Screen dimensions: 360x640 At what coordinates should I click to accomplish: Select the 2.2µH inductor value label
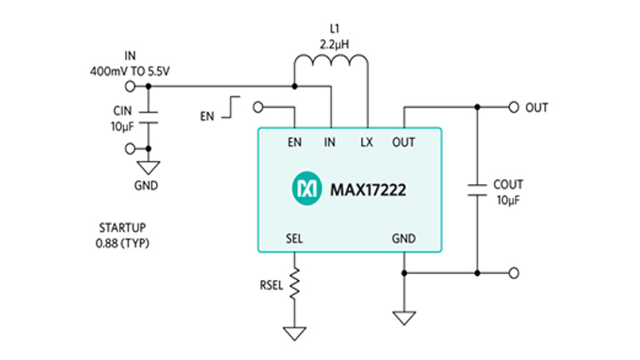[331, 39]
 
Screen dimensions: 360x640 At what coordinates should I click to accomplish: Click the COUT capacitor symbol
[477, 188]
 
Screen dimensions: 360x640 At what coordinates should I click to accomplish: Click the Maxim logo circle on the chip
[304, 189]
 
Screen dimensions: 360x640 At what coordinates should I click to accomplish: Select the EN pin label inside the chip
[294, 142]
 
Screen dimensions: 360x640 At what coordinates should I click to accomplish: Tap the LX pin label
[367, 142]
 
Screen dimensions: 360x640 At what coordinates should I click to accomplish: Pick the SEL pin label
[294, 237]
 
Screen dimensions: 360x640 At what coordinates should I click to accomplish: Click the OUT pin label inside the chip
[403, 142]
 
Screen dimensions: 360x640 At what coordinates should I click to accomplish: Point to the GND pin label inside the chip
[403, 237]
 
